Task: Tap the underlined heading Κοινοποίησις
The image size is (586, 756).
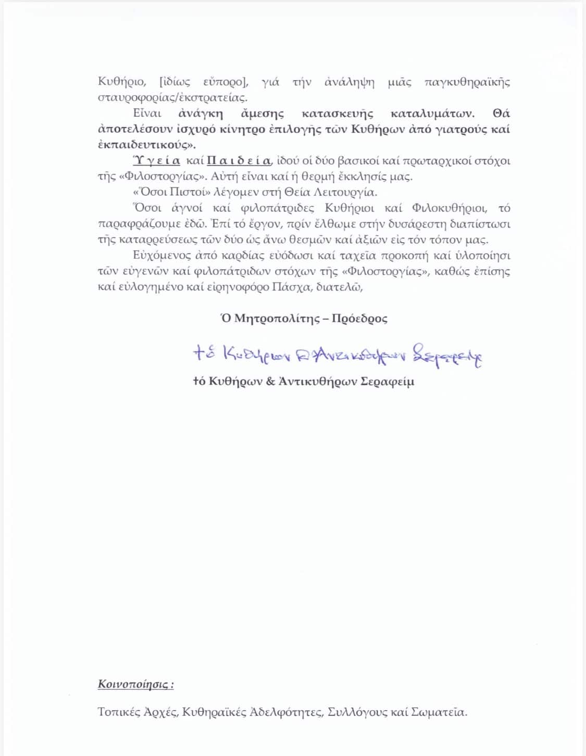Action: coord(135,684)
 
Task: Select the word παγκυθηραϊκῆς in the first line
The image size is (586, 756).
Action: coord(467,82)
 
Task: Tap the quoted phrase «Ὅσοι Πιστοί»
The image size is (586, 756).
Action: coord(166,192)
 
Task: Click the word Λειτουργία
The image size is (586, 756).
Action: coord(344,192)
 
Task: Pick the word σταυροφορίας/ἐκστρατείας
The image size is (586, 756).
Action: coord(172,98)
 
